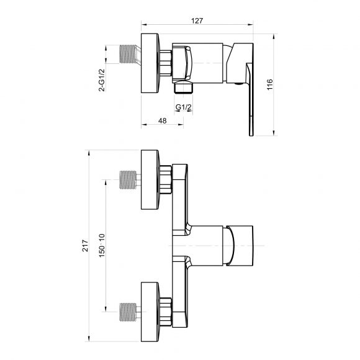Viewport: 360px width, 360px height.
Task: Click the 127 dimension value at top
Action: [197, 20]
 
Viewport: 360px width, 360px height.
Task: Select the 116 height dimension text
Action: [270, 84]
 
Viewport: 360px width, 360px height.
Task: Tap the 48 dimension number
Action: [163, 120]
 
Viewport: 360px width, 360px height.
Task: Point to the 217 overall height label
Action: [85, 246]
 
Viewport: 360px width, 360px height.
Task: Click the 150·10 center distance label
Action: [102, 245]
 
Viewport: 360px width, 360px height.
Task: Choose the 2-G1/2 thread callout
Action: [101, 80]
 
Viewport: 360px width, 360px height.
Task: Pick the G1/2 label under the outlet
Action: [184, 107]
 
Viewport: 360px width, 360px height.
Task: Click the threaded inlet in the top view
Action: [128, 54]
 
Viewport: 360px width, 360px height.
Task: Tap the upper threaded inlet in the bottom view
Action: [128, 180]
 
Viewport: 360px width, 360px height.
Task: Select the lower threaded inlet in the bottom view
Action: [128, 312]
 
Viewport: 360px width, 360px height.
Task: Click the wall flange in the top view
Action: [150, 63]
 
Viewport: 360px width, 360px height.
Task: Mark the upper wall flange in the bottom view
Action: [150, 180]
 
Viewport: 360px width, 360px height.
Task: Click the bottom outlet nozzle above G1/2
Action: [184, 88]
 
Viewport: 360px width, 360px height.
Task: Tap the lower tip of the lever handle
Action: [251, 135]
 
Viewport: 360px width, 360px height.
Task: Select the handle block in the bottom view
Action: [240, 246]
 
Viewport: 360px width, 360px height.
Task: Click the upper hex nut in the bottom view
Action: [166, 179]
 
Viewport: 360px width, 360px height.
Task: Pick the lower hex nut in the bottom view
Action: [166, 312]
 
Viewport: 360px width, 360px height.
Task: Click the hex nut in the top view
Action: [166, 63]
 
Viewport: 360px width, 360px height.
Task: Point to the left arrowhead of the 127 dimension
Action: [144, 24]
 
